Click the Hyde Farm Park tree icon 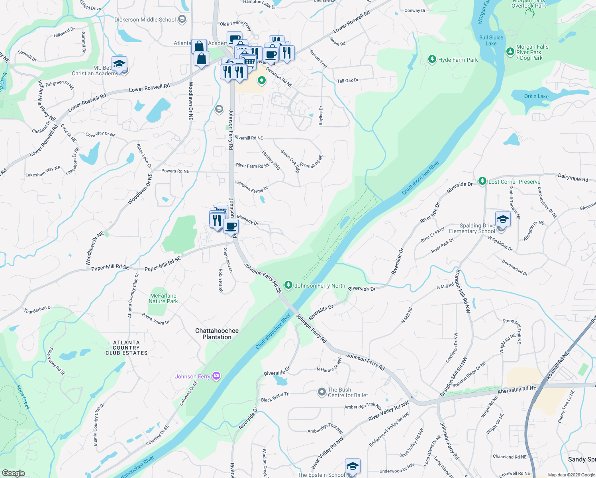[432, 60]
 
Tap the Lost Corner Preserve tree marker [482, 182]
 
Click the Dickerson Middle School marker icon [182, 20]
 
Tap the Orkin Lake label [536, 96]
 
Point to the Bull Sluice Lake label [491, 40]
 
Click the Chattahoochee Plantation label [217, 334]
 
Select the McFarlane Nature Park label [163, 298]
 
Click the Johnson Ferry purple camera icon [216, 376]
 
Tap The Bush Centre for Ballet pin [322, 392]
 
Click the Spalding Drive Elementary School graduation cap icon [503, 219]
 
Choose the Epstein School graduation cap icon [353, 466]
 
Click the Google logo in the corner [13, 473]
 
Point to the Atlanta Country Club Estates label [126, 348]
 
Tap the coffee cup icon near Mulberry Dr [231, 226]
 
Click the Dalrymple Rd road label [573, 178]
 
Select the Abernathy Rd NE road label [517, 389]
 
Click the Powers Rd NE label [175, 171]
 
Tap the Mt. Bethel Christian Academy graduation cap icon [119, 63]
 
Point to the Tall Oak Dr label [348, 80]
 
